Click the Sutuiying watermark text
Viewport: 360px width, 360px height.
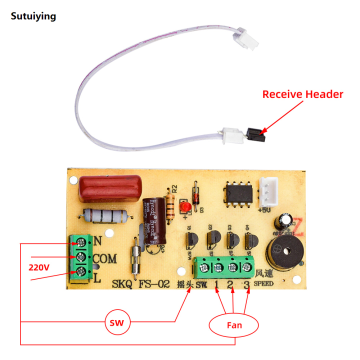pyautogui.click(x=33, y=16)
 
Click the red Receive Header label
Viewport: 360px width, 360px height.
pyautogui.click(x=303, y=94)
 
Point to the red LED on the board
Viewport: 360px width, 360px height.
pyautogui.click(x=184, y=206)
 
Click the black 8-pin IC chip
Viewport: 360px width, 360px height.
pyautogui.click(x=235, y=193)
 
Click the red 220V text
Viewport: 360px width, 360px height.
pyautogui.click(x=38, y=267)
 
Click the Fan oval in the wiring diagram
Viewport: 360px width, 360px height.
pyautogui.click(x=234, y=325)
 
